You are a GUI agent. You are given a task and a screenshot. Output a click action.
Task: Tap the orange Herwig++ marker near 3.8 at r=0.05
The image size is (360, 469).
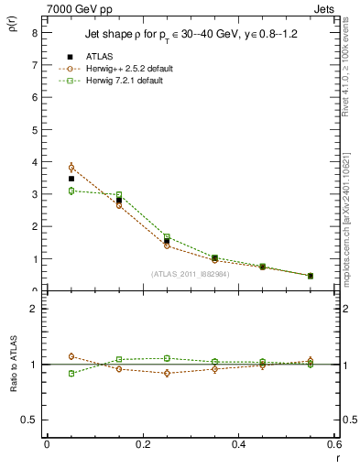coord(71,168)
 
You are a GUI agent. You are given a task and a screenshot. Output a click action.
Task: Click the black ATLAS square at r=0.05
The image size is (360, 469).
coord(71,179)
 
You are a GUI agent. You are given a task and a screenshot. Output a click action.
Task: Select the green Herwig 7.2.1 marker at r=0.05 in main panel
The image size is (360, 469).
coord(71,191)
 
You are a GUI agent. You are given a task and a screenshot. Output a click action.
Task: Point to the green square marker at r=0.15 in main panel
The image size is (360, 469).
coord(119,194)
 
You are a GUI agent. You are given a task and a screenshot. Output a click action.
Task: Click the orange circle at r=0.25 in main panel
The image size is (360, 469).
coord(167,245)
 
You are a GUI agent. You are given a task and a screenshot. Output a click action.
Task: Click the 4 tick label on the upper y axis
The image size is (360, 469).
coord(34,162)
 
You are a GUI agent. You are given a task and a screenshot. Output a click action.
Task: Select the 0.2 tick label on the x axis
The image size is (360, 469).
coord(143,444)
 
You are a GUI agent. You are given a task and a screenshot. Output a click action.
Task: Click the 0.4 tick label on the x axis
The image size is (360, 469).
coord(239,444)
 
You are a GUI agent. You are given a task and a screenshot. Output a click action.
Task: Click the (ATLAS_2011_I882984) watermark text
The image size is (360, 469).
coord(190,274)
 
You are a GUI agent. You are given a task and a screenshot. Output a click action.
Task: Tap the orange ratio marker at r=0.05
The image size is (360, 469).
coord(71,356)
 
